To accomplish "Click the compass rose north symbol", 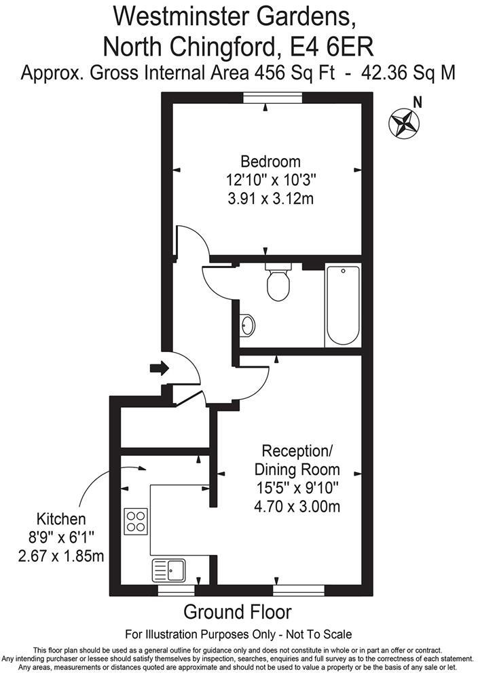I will tap(403, 123).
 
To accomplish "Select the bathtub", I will tap(342, 306).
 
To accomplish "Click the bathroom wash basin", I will tap(249, 326).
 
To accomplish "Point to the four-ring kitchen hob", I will tap(136, 520).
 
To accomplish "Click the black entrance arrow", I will tap(159, 368).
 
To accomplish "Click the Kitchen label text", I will tap(61, 520).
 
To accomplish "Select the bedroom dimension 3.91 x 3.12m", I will tap(270, 199).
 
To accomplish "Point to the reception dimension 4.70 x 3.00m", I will tap(297, 505).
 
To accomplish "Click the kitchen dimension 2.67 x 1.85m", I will tap(61, 557).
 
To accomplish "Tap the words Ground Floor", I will tap(238, 612).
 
